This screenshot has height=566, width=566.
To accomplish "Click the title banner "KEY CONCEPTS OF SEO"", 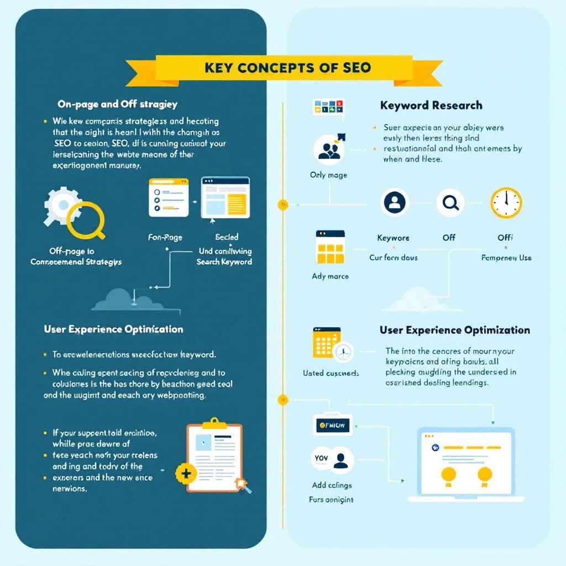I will (x=287, y=69).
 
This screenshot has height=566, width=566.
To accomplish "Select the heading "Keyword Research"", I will (x=431, y=105).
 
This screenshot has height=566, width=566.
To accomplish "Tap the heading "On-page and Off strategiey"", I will (x=117, y=104).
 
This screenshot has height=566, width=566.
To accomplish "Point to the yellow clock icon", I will (x=506, y=203).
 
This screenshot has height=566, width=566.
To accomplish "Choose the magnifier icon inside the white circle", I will (x=450, y=203).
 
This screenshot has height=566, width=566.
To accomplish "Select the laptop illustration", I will (x=465, y=464).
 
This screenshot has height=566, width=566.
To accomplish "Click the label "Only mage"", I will (x=328, y=175).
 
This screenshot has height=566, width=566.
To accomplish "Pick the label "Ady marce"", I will (x=330, y=276).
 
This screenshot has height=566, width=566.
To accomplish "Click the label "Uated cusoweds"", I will (x=331, y=373).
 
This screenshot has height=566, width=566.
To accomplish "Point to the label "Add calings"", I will (x=332, y=485).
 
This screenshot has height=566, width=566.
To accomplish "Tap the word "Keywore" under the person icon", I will (x=393, y=238).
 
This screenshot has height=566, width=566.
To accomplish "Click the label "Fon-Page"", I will (x=165, y=238).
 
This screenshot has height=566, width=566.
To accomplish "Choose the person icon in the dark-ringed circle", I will (x=395, y=203).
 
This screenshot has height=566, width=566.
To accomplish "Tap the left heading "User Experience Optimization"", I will (x=113, y=329).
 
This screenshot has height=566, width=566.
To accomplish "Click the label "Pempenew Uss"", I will (x=506, y=258).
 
